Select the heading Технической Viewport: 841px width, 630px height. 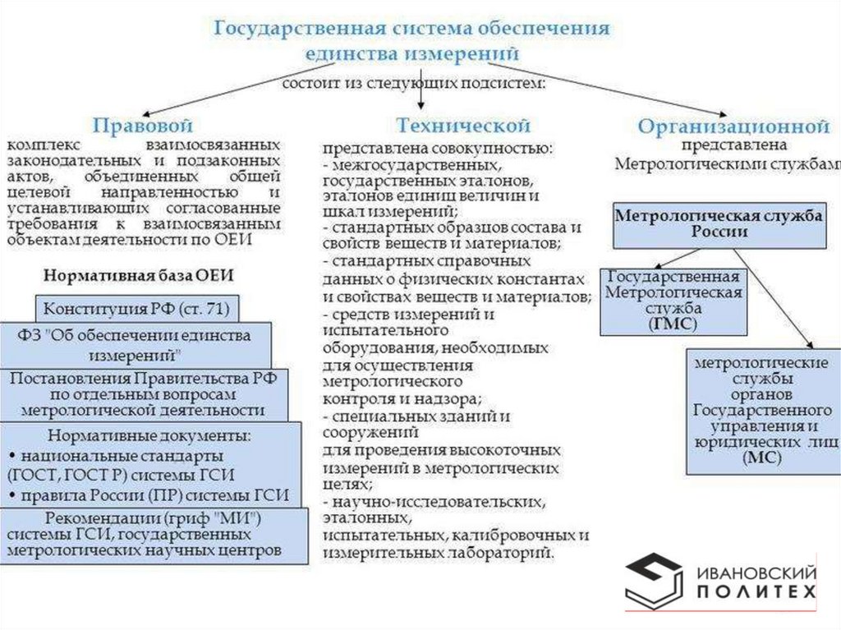(463, 126)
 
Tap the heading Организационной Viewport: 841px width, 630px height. (733, 127)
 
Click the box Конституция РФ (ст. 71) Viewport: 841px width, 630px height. (136, 309)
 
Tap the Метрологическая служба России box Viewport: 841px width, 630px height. (719, 223)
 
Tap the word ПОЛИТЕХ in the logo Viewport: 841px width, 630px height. (756, 592)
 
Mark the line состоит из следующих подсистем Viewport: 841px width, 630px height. (415, 84)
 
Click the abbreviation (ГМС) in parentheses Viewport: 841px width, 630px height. (673, 324)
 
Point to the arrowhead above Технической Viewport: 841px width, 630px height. (421, 106)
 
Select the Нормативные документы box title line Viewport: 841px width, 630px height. (149, 435)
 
